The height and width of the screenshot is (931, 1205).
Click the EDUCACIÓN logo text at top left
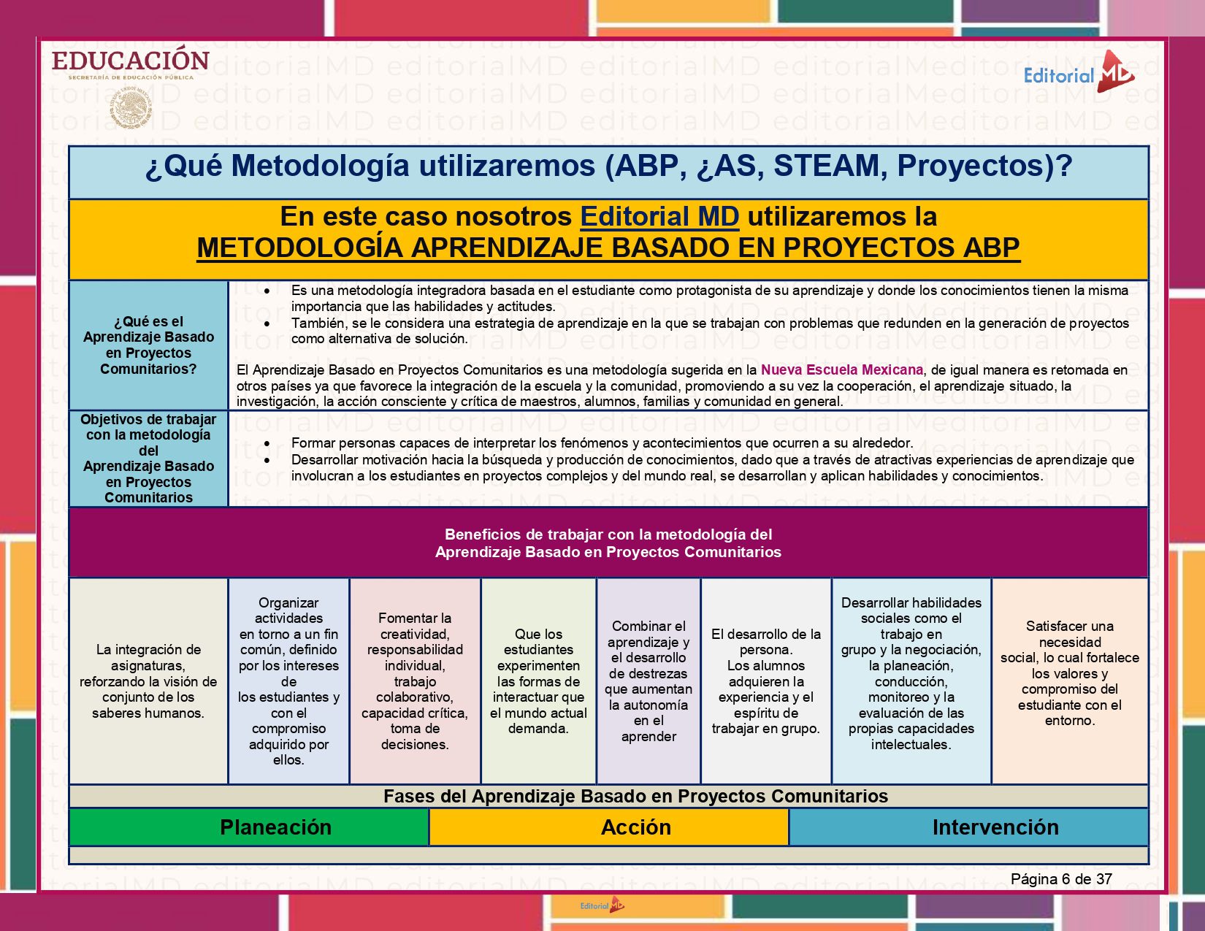[x=131, y=61]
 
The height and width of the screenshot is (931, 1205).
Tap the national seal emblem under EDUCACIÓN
[x=131, y=108]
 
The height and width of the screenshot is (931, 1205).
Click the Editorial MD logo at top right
[x=1079, y=73]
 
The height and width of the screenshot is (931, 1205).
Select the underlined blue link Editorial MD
[x=659, y=217]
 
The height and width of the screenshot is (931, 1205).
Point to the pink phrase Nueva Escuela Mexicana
[x=841, y=370]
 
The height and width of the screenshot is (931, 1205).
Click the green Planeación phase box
[x=275, y=827]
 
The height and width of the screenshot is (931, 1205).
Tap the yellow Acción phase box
[x=635, y=827]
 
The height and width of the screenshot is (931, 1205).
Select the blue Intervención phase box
[x=995, y=827]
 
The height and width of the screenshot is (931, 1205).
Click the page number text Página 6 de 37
[x=1060, y=879]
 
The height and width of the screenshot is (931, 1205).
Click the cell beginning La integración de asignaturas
[x=148, y=681]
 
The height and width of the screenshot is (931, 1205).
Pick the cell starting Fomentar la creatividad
[x=415, y=681]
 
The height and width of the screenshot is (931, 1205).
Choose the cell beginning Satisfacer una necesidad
[x=1069, y=673]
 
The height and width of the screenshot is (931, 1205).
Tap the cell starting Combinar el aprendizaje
[x=649, y=681]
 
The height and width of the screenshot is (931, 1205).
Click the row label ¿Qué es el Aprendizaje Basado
[x=148, y=345]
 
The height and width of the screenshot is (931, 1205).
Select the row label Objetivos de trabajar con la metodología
[x=148, y=459]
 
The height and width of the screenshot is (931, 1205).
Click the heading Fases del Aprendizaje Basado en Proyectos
[x=635, y=797]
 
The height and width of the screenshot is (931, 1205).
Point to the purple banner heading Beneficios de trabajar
[x=608, y=543]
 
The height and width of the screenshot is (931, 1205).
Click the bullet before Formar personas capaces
[x=267, y=443]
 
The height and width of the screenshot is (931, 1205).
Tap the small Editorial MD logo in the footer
[x=602, y=905]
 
